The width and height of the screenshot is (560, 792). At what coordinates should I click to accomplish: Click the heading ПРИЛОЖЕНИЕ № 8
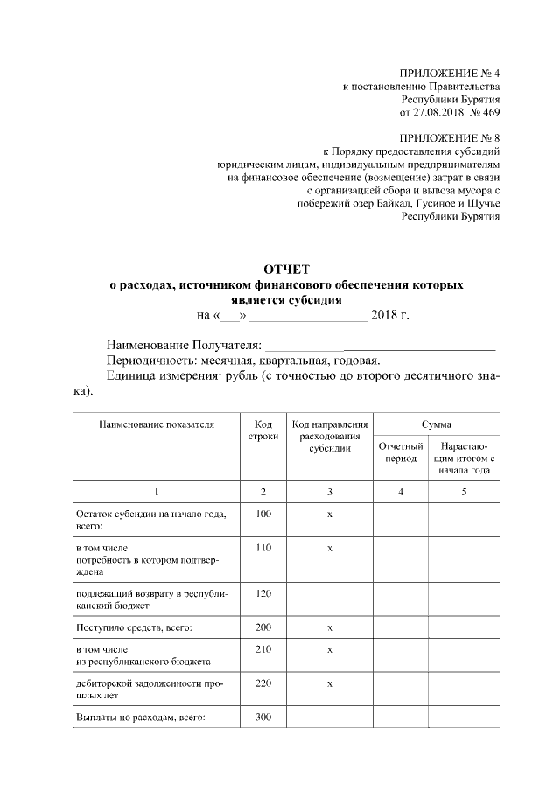449,138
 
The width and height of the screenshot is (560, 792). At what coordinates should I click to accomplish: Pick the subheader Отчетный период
401,453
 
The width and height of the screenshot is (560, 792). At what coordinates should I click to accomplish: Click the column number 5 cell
464,492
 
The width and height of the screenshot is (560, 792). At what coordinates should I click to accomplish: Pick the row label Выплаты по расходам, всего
140,718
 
